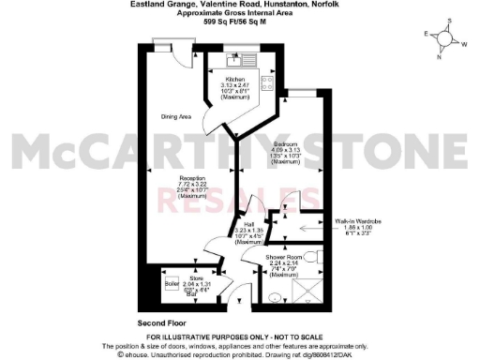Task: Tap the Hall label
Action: [x=249, y=224]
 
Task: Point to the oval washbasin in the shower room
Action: [x=273, y=298]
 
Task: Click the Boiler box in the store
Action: [x=172, y=281]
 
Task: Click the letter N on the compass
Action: [x=440, y=54]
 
